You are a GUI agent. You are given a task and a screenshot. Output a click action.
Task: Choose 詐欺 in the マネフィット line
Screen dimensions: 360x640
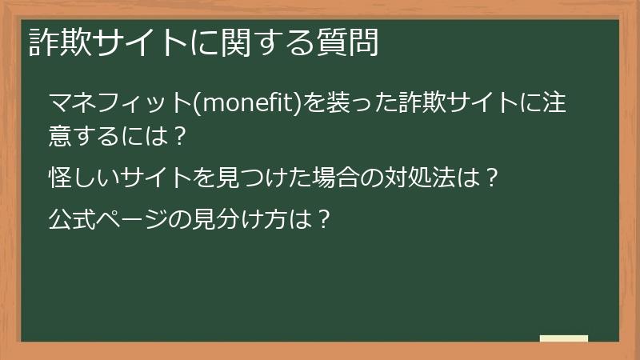tap(428, 104)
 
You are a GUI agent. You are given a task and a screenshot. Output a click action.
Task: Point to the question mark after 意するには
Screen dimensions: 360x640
tap(179, 135)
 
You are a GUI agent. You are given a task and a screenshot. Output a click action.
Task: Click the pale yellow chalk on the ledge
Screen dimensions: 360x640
tap(564, 338)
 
